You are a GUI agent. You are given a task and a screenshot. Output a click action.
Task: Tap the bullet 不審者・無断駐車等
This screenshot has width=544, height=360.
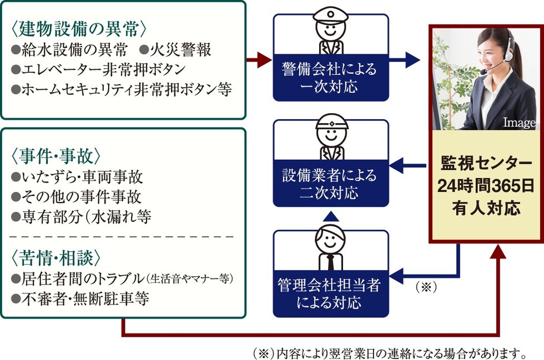(80, 299)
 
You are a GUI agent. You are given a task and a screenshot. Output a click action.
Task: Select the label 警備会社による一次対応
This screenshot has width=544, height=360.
(330, 78)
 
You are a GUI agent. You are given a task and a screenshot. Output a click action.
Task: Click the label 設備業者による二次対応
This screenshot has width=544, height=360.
(330, 185)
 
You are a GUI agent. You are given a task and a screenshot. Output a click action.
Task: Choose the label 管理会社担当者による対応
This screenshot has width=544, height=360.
(330, 294)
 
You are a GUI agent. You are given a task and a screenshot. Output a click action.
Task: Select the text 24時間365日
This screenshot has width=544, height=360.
(485, 186)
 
